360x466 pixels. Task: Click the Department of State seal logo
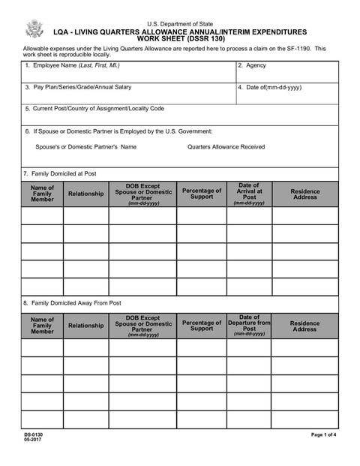34,29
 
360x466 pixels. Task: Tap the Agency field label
252,65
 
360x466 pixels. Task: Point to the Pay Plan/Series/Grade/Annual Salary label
77,87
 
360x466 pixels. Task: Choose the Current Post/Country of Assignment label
94,109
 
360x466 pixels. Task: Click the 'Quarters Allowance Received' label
226,147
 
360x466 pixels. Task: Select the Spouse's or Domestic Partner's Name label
85,147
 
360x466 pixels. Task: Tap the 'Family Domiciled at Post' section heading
59,174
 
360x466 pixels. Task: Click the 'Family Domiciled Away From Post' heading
72,303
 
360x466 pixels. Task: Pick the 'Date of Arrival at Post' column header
249,194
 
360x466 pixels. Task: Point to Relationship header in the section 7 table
85,194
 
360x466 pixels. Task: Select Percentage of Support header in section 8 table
202,326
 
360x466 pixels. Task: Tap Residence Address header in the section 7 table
304,194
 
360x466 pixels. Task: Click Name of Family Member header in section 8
43,326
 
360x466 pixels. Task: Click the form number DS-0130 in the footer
33,435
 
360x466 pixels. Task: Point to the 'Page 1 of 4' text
324,435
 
